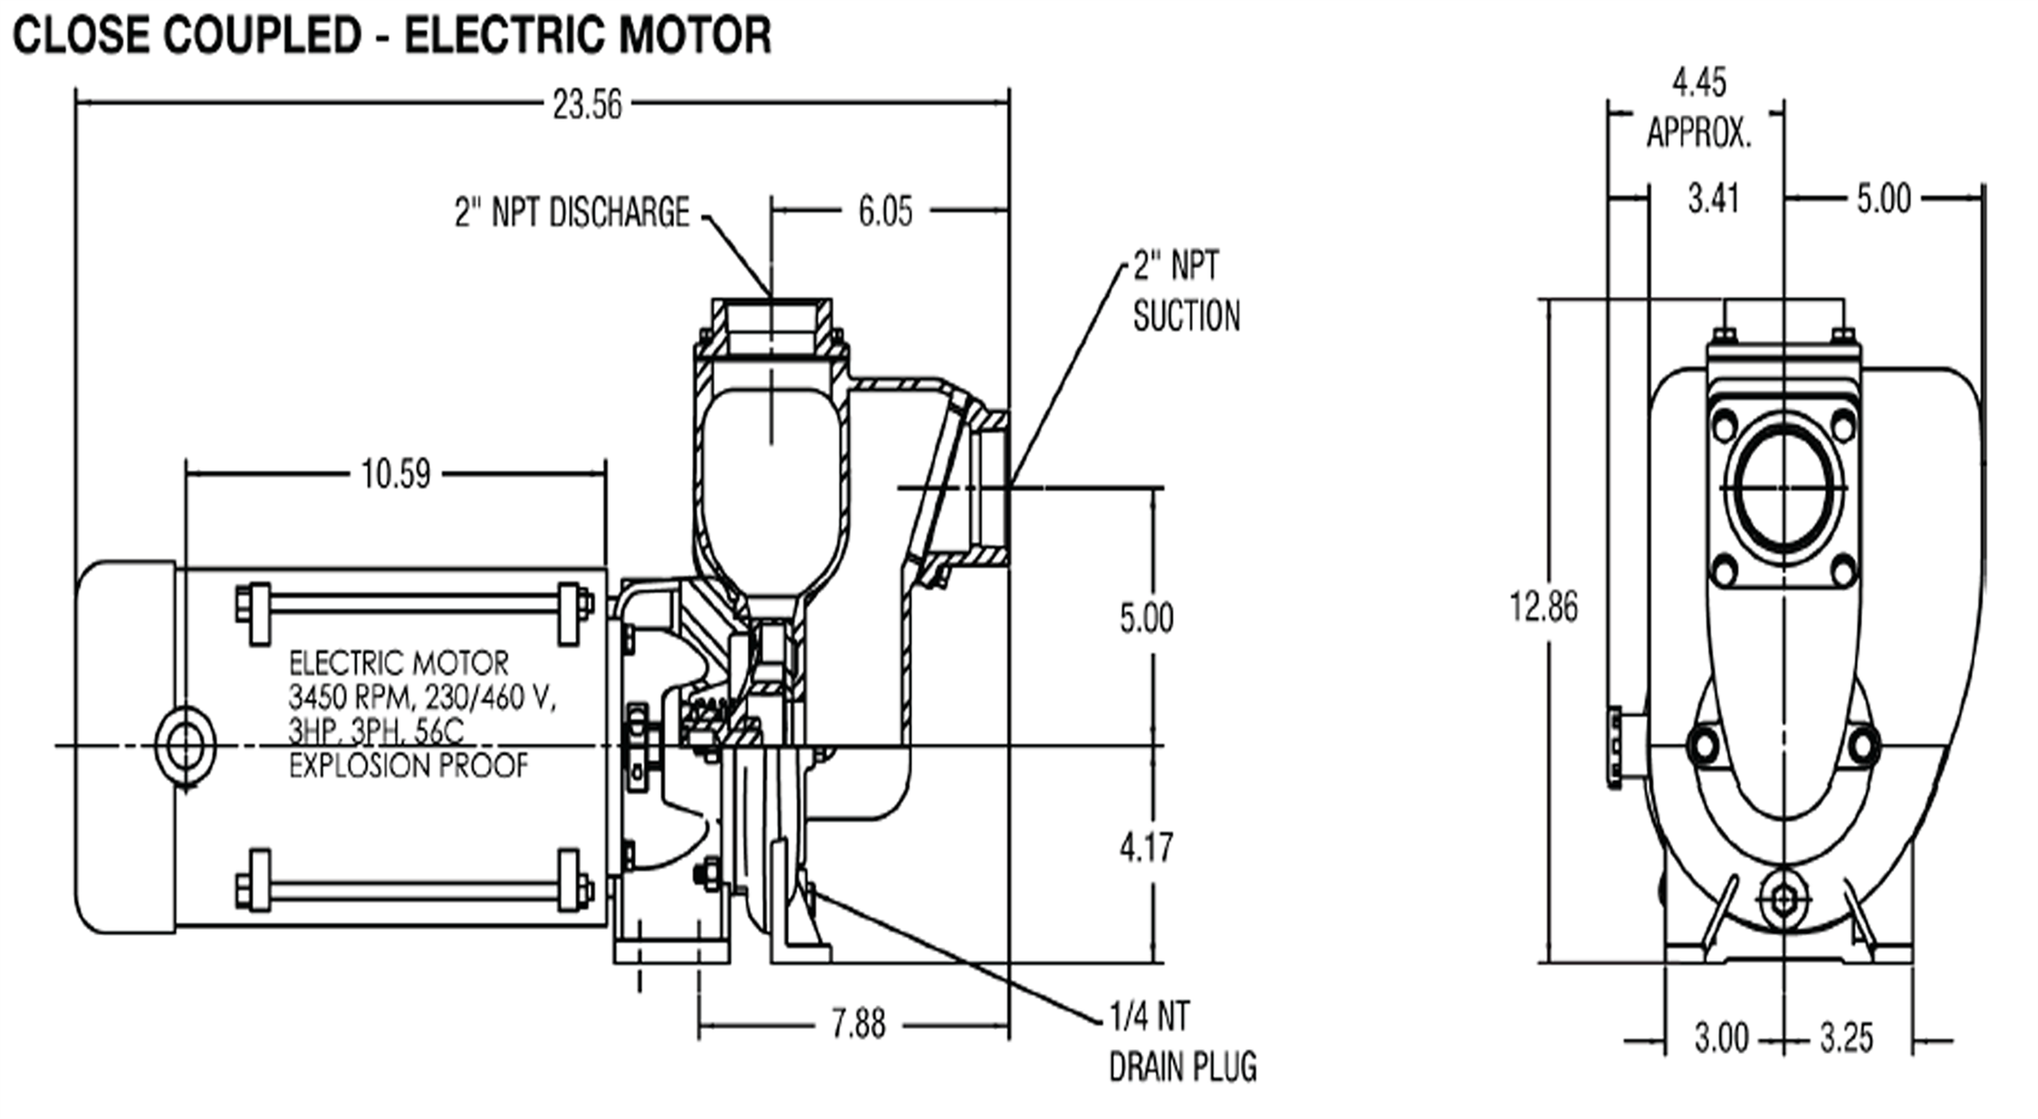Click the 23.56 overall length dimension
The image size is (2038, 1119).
588,105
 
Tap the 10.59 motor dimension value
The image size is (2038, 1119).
396,474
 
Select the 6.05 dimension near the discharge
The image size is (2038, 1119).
885,212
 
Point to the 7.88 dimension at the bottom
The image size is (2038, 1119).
858,1025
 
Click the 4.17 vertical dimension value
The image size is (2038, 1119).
1146,847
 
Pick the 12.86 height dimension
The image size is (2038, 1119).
1543,606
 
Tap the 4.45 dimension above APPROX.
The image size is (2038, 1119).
1699,82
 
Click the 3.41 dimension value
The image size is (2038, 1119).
1714,198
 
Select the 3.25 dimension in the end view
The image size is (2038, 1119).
1847,1037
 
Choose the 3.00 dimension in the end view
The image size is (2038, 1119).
1722,1037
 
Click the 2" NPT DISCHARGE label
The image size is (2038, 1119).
572,212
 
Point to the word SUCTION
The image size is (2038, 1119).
1187,316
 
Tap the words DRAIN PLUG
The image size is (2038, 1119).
1183,1066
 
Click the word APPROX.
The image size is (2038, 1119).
1699,133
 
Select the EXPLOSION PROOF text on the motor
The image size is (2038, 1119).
409,766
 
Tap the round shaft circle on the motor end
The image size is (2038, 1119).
185,747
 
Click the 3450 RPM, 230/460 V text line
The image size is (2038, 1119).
422,698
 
